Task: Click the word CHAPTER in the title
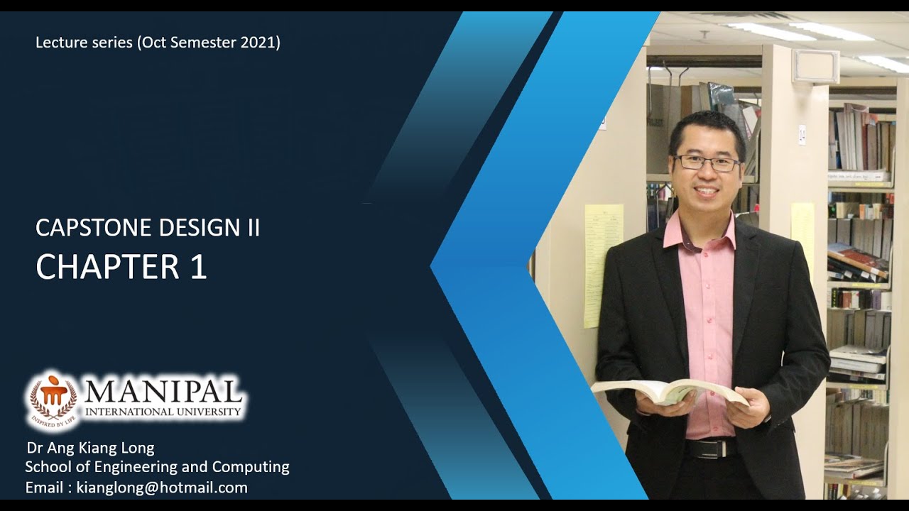tap(107, 267)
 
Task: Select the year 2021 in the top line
tap(260, 42)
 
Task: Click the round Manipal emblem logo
tap(51, 400)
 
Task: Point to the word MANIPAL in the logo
tap(163, 391)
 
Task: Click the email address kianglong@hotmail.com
tap(162, 488)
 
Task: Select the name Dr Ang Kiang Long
tap(90, 448)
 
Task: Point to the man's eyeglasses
tap(707, 163)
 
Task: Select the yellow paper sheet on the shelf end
tap(603, 265)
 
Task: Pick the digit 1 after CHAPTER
tap(198, 267)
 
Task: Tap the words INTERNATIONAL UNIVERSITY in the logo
tap(163, 412)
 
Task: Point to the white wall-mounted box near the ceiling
tap(816, 66)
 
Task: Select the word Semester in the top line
tap(202, 42)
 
